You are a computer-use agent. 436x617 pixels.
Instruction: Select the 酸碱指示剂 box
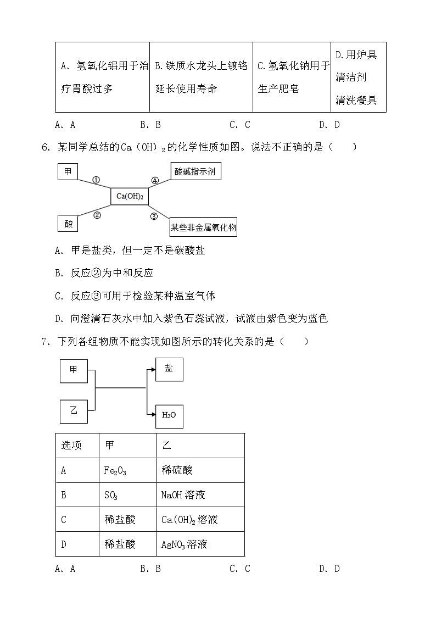tap(194, 172)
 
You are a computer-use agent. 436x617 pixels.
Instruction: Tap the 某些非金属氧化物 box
tap(203, 226)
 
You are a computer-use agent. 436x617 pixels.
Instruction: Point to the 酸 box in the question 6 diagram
tap(69, 223)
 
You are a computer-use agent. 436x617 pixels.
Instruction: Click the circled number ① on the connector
tap(96, 180)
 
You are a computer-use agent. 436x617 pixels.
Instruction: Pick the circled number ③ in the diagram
tap(154, 216)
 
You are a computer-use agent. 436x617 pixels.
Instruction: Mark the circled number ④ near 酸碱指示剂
tap(155, 180)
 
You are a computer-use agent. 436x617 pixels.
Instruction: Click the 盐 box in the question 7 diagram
tap(169, 369)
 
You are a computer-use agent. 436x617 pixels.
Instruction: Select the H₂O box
tap(169, 415)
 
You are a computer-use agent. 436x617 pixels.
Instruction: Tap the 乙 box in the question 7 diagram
tap(74, 411)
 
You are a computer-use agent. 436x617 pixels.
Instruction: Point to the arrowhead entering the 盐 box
tap(152, 370)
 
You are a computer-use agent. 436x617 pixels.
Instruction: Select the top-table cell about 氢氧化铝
tap(103, 77)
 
